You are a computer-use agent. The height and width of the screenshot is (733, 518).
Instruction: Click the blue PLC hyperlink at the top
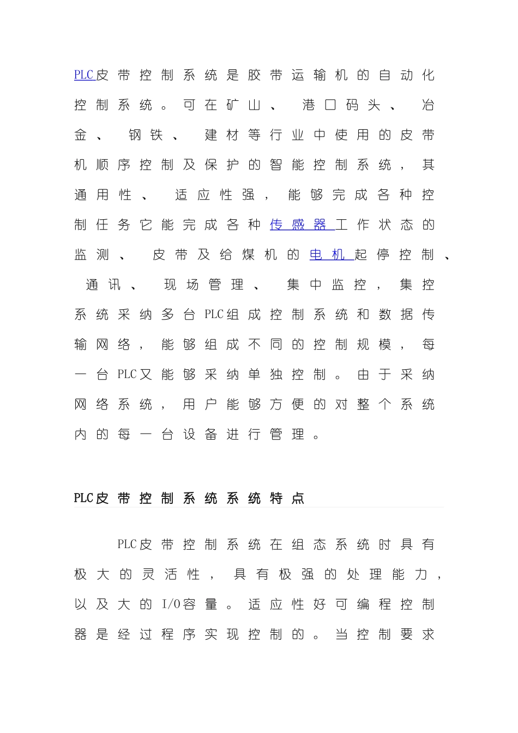point(84,75)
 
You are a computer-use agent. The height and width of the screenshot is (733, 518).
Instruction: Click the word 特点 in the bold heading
point(287,498)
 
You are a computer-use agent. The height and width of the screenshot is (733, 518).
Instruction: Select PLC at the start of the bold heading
point(83,498)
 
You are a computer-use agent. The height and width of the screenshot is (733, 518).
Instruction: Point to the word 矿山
point(244,105)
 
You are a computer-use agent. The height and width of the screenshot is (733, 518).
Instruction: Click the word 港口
point(320,105)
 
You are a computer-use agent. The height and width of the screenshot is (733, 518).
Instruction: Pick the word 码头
point(363,105)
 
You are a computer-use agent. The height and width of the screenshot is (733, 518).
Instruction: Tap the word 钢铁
point(146,135)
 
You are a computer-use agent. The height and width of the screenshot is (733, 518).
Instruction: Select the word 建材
point(222,135)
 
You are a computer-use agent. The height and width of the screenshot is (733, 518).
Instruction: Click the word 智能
point(287,165)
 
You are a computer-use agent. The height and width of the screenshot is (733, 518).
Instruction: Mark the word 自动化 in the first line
point(407,75)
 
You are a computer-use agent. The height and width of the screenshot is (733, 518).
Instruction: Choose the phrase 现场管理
point(204,285)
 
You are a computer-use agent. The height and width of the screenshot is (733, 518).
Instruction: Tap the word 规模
point(374,345)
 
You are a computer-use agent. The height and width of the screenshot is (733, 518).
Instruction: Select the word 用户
point(200,405)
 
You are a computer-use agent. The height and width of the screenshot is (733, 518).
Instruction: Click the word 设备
point(200,435)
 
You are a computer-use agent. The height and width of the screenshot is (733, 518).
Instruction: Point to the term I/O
point(171,604)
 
